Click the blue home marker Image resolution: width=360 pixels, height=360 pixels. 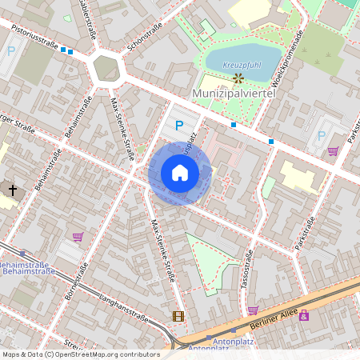(x=180, y=173)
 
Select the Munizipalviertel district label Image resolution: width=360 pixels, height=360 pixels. (x=234, y=94)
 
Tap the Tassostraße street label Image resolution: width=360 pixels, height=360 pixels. (x=247, y=270)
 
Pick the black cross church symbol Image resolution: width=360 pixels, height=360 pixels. (x=12, y=190)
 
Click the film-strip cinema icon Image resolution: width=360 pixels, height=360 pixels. (x=178, y=315)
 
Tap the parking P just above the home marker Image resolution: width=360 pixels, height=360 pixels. (x=180, y=125)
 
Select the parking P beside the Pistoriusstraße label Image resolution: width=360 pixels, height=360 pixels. (x=11, y=50)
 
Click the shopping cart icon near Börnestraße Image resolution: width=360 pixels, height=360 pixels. (x=78, y=236)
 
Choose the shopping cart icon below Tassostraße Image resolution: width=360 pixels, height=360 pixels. (x=253, y=310)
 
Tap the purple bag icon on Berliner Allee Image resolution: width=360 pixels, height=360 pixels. (x=304, y=316)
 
